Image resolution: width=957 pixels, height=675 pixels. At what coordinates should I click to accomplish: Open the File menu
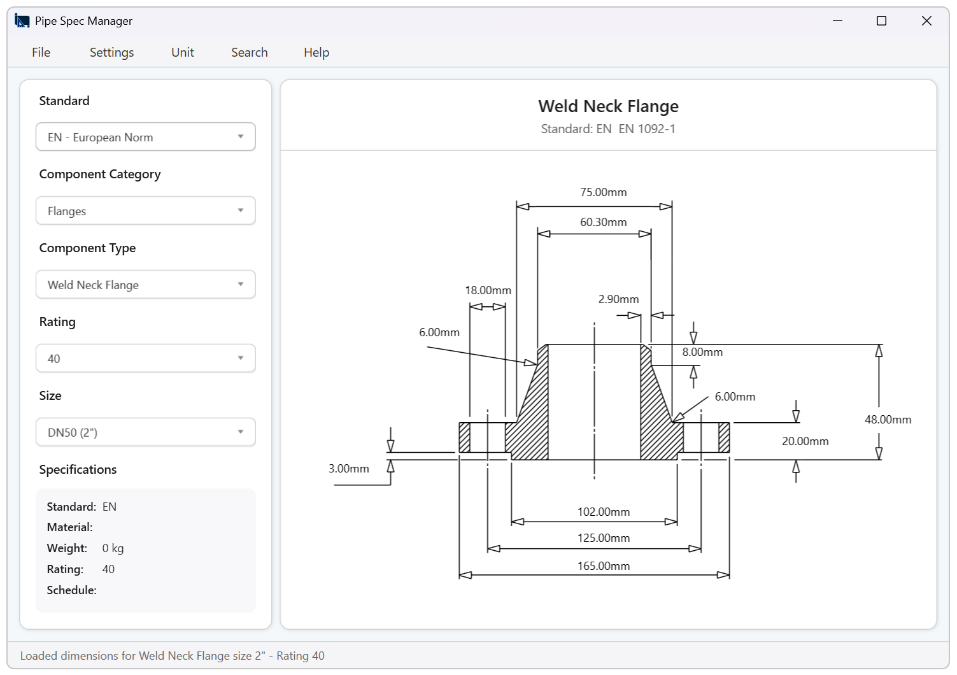[x=41, y=52]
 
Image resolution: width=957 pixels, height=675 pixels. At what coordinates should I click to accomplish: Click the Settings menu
[x=111, y=52]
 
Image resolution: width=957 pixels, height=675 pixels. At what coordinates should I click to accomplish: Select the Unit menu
[x=183, y=52]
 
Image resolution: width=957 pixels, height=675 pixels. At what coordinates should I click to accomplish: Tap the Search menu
[x=249, y=52]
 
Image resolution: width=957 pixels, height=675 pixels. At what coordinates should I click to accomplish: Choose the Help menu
[x=316, y=52]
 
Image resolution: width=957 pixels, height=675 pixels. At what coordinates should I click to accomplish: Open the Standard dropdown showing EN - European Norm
[x=145, y=137]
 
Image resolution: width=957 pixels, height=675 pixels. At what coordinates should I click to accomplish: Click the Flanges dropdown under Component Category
[x=145, y=211]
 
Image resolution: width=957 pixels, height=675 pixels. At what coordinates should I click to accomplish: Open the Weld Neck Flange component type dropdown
[x=145, y=285]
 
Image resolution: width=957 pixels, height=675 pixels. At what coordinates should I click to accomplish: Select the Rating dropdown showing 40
[x=145, y=359]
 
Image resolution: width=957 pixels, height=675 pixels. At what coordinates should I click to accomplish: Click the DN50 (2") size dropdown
[x=145, y=432]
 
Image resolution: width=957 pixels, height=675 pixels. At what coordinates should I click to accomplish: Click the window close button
[x=926, y=21]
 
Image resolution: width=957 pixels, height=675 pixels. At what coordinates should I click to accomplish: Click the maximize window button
[x=881, y=21]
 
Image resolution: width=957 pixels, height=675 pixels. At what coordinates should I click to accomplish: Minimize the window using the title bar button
[x=837, y=21]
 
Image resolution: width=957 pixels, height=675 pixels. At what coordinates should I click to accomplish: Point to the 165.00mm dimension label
[x=603, y=566]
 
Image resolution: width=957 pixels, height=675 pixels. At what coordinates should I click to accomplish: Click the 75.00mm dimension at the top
[x=603, y=192]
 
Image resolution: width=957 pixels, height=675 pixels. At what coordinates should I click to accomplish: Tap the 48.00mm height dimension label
[x=888, y=420]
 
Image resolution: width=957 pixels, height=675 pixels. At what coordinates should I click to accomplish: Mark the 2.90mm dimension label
[x=618, y=299]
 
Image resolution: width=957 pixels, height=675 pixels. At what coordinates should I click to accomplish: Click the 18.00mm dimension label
[x=488, y=290]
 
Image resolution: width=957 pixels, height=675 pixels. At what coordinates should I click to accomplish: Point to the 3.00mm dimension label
[x=348, y=469]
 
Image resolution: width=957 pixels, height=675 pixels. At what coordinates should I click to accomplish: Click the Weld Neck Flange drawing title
[x=608, y=106]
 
